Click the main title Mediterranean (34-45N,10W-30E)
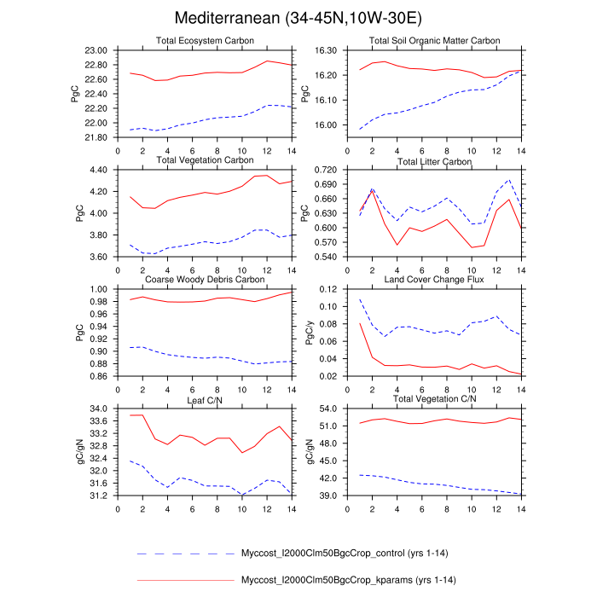(x=298, y=18)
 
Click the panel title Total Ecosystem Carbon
(x=206, y=41)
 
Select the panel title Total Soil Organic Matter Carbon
(x=434, y=41)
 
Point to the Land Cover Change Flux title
(x=434, y=280)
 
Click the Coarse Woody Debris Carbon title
(x=206, y=280)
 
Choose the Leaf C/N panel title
(x=206, y=399)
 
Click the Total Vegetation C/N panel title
(x=434, y=399)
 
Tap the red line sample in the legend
(x=185, y=581)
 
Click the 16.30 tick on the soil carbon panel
(x=327, y=50)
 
